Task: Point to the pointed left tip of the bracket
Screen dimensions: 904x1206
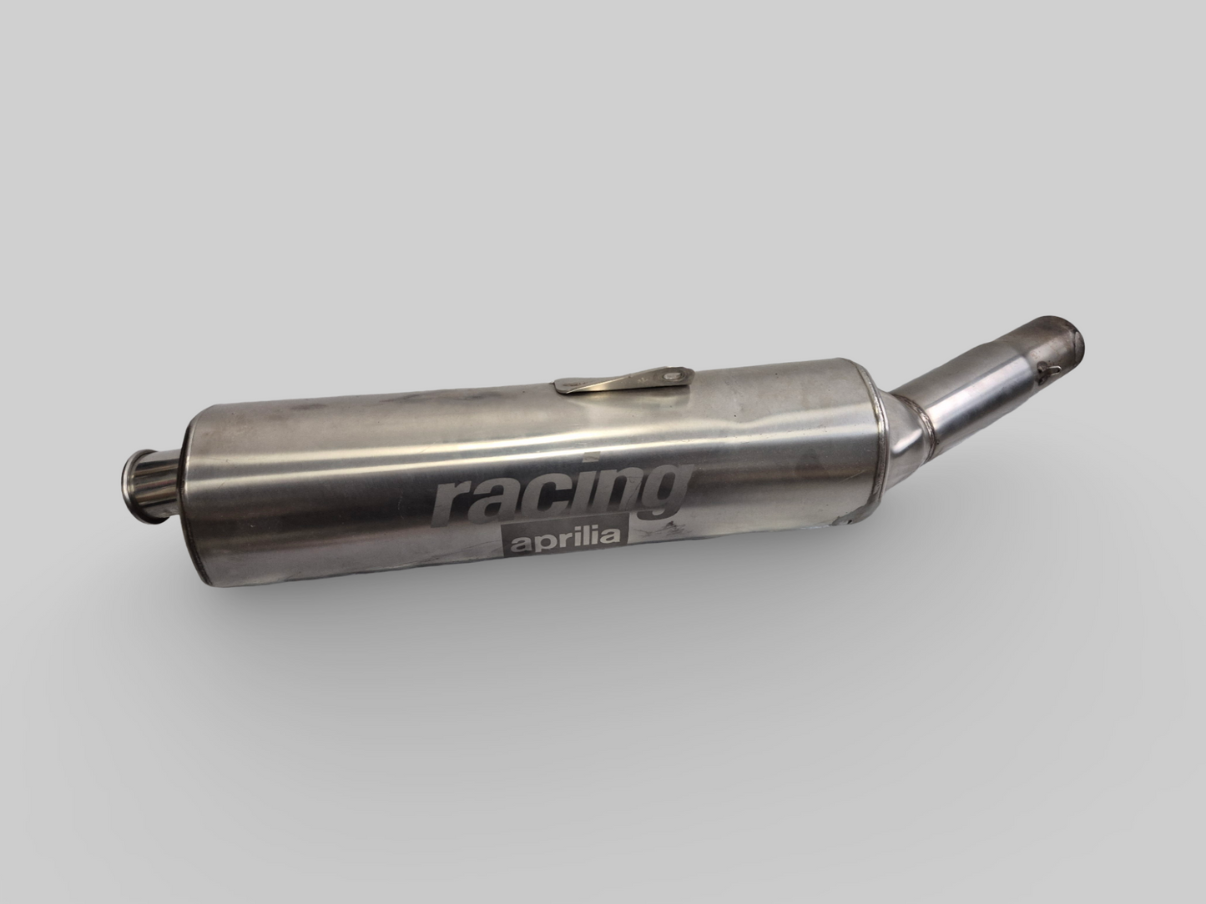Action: tap(558, 385)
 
